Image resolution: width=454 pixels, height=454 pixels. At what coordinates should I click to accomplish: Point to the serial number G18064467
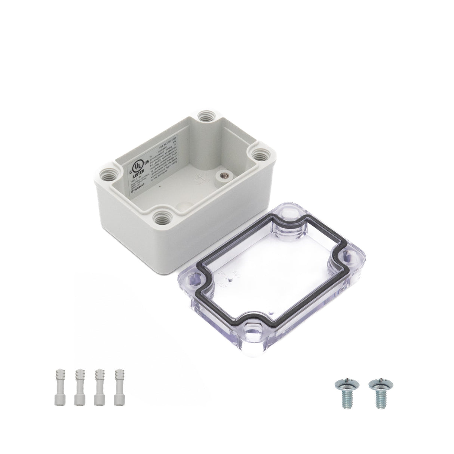click(x=139, y=190)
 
